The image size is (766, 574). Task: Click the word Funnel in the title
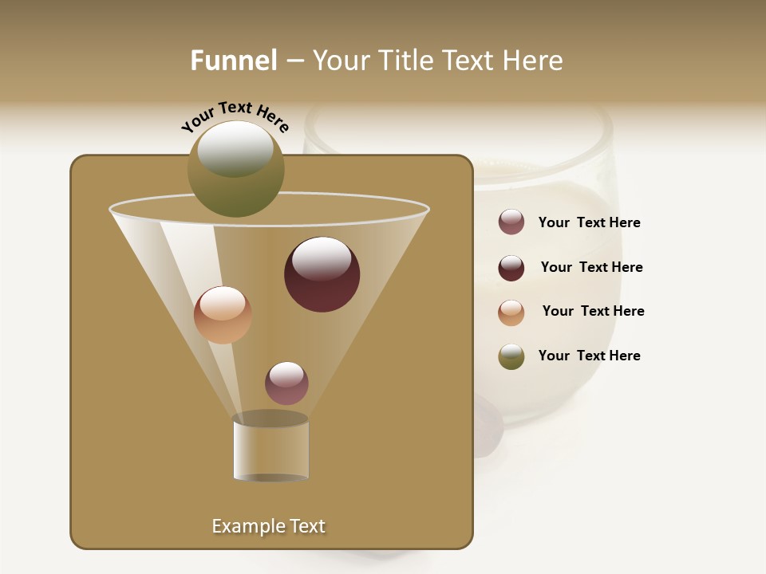click(x=233, y=61)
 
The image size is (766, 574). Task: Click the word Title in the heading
click(x=405, y=61)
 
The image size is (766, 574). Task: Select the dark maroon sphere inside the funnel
click(x=322, y=274)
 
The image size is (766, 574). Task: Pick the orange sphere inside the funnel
click(x=223, y=315)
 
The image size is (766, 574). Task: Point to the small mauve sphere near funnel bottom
click(x=286, y=383)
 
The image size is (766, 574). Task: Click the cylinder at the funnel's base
click(x=270, y=450)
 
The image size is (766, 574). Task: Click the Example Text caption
click(x=268, y=526)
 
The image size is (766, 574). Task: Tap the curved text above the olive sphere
click(x=235, y=116)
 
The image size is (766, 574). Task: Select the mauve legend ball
click(x=511, y=222)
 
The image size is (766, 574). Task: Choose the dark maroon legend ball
click(x=511, y=268)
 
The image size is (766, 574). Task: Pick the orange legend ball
click(x=511, y=313)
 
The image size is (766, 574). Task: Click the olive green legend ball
click(x=511, y=356)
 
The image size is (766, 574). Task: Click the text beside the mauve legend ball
click(x=589, y=223)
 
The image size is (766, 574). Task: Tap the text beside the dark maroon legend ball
click(x=591, y=268)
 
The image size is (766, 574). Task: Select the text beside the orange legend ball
click(x=593, y=312)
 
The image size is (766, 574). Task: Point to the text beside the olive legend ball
click(x=589, y=356)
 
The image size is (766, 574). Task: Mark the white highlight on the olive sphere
click(x=235, y=148)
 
